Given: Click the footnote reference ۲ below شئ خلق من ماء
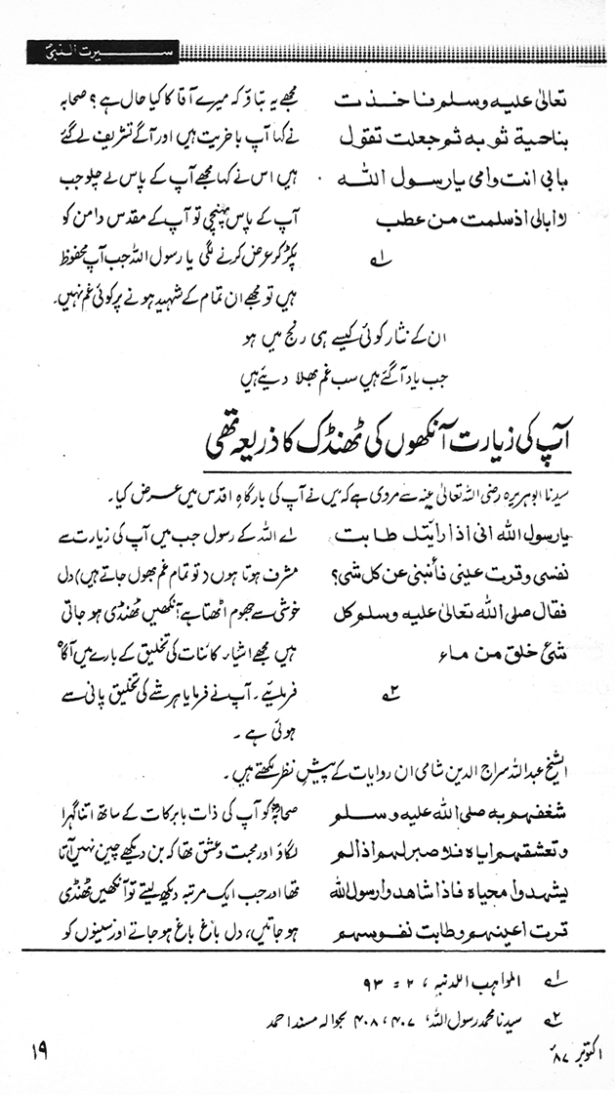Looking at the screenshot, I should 391,696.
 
